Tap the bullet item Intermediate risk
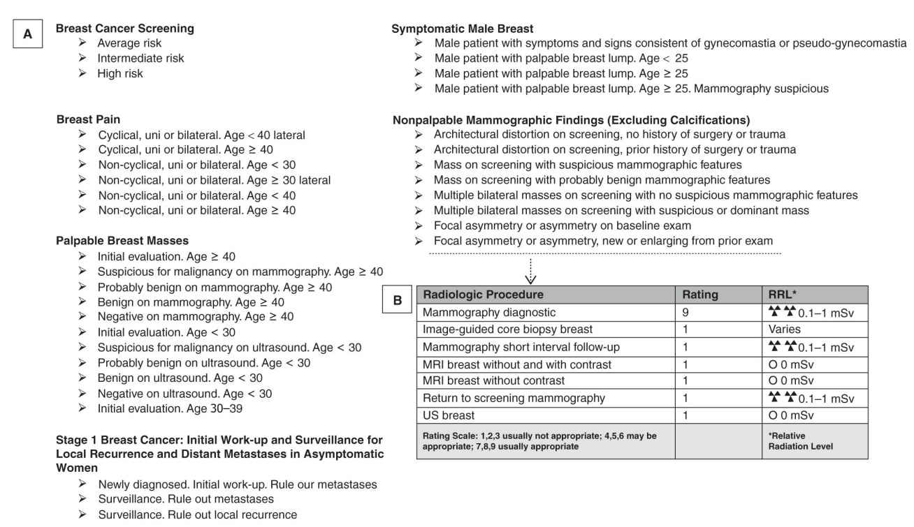[140, 59]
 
